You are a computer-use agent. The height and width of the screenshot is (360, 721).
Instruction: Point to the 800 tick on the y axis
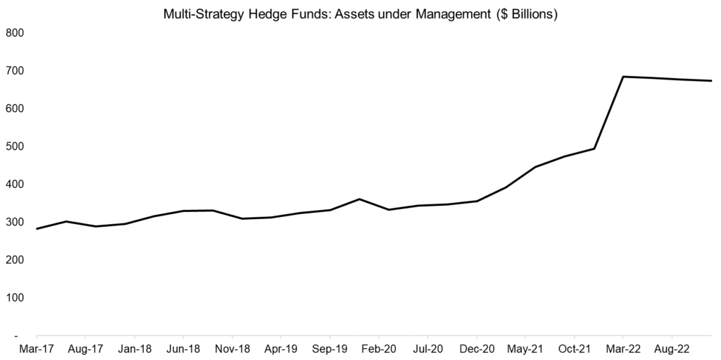15,33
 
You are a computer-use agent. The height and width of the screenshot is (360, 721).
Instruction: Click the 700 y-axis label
15,71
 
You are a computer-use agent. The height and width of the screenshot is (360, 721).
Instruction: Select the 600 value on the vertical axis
15,108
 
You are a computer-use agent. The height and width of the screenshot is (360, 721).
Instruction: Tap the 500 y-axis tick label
15,147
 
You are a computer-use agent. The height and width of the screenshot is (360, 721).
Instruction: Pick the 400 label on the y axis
15,185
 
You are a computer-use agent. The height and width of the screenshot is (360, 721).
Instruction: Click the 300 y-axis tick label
15,223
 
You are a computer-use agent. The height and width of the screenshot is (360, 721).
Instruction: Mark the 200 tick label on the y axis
15,260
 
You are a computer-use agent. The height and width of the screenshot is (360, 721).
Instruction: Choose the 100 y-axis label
15,298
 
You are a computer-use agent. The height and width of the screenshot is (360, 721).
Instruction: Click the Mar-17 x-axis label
36,349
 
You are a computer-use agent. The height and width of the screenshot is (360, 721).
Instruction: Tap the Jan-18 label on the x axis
134,349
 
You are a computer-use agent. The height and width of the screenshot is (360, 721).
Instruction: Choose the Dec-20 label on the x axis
477,349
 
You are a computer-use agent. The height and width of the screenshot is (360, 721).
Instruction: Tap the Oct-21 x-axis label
575,349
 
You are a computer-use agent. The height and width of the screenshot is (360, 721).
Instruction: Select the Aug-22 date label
672,349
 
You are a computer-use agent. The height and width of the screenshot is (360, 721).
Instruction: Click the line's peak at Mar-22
623,76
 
